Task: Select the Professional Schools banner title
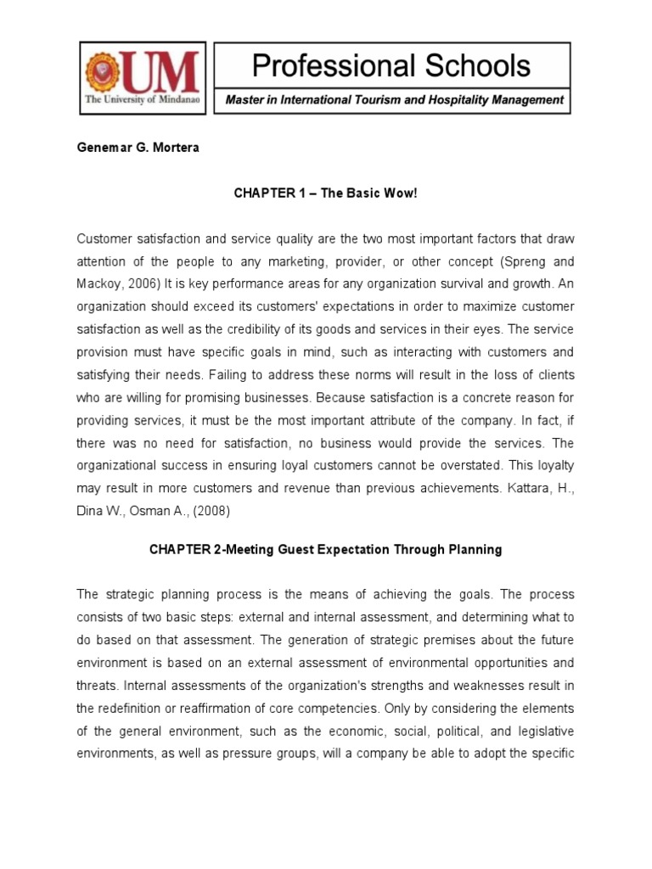391,65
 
